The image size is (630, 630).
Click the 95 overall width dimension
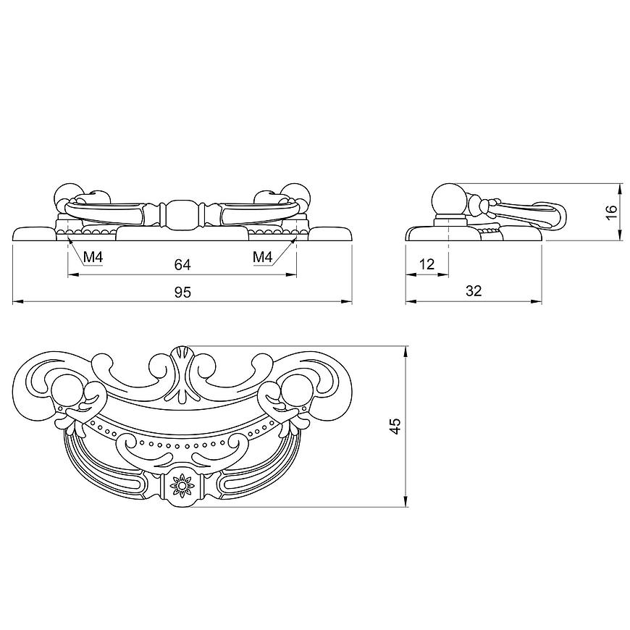click(182, 292)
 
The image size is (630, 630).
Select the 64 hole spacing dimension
click(182, 265)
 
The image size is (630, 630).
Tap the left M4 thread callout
click(93, 257)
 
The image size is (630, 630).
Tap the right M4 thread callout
click(263, 257)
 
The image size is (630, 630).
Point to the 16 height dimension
click(611, 211)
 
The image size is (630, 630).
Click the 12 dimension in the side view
click(427, 264)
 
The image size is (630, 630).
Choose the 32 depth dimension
click(474, 291)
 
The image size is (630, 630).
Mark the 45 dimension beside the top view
click(396, 426)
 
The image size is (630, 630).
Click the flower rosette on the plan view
click(182, 486)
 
